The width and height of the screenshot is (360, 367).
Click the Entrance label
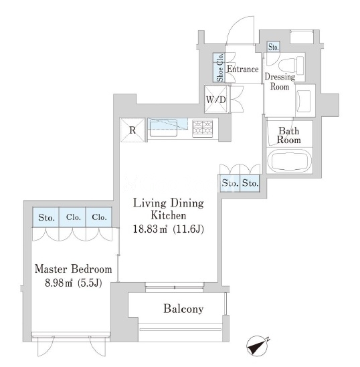point(243,70)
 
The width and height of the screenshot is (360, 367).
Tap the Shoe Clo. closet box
point(219,68)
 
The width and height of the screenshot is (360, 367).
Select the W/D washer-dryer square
point(215,99)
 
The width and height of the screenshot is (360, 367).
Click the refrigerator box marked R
point(132,130)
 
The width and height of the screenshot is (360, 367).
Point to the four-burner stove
point(203,128)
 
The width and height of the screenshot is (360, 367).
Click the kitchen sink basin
point(163,128)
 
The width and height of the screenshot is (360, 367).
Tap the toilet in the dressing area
point(291,66)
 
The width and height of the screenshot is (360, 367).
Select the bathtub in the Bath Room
point(290,160)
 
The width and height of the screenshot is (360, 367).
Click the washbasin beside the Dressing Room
point(303,101)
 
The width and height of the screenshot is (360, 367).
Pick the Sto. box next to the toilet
point(273,47)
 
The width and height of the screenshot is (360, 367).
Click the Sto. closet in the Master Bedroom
point(46,217)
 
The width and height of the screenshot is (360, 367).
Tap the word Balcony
point(183,309)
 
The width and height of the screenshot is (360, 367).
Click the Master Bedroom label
point(74,269)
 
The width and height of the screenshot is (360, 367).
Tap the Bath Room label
point(289,136)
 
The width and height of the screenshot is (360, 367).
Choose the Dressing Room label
point(280,82)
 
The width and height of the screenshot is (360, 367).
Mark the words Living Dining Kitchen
point(169,209)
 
